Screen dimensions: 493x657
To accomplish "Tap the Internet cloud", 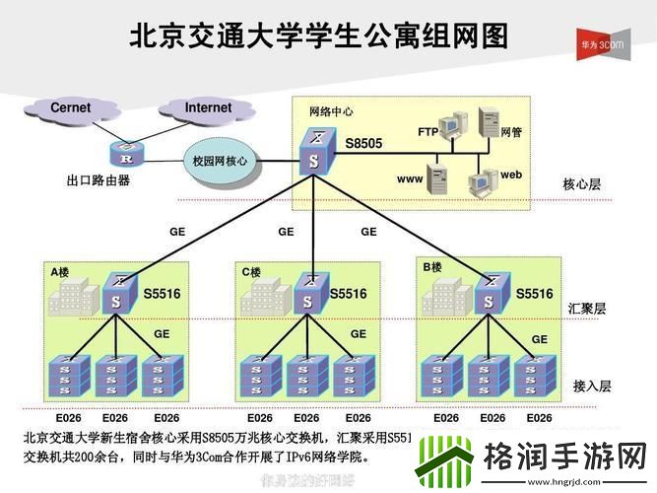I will click(x=208, y=107).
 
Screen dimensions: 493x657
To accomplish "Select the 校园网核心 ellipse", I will click(x=219, y=160).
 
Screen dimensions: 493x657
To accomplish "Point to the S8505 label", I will click(x=363, y=144).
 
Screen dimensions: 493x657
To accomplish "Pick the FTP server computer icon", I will click(x=451, y=126).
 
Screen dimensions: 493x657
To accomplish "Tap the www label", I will click(x=410, y=178).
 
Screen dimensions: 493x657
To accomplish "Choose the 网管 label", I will click(x=511, y=131).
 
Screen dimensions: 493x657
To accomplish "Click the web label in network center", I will click(x=510, y=174).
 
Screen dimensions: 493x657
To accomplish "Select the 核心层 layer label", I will click(x=581, y=184).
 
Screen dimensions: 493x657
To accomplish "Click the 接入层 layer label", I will click(x=592, y=386).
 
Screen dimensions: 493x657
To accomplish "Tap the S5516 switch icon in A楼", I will click(x=116, y=294).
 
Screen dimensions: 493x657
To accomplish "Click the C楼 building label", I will click(x=251, y=271).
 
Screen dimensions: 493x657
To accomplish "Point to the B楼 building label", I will click(x=431, y=267).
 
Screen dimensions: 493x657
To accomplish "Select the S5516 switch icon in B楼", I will click(x=487, y=294).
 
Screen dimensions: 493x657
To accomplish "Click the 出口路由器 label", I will click(x=99, y=180).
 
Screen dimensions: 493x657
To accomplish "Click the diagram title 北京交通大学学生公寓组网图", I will click(x=320, y=36).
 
